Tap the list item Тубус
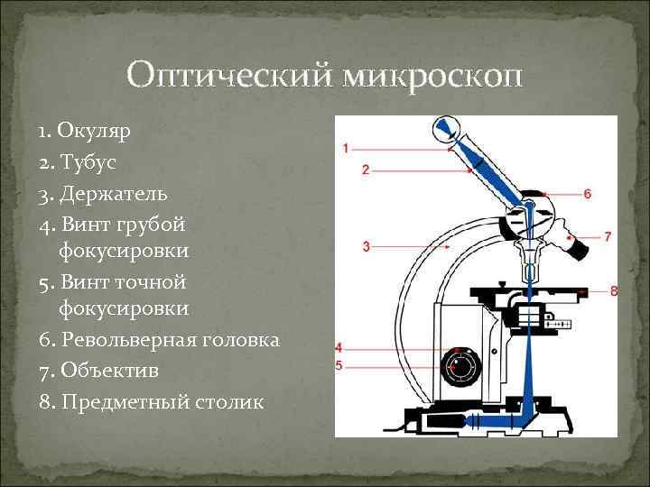coord(89,162)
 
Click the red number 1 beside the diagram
coord(346,148)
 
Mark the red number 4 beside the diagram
coord(338,347)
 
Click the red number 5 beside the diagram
coord(338,365)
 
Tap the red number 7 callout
coord(608,236)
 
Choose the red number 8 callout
coord(613,290)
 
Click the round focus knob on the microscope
coord(461,366)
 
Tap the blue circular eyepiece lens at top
coord(444,127)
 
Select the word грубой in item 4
coord(152,223)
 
